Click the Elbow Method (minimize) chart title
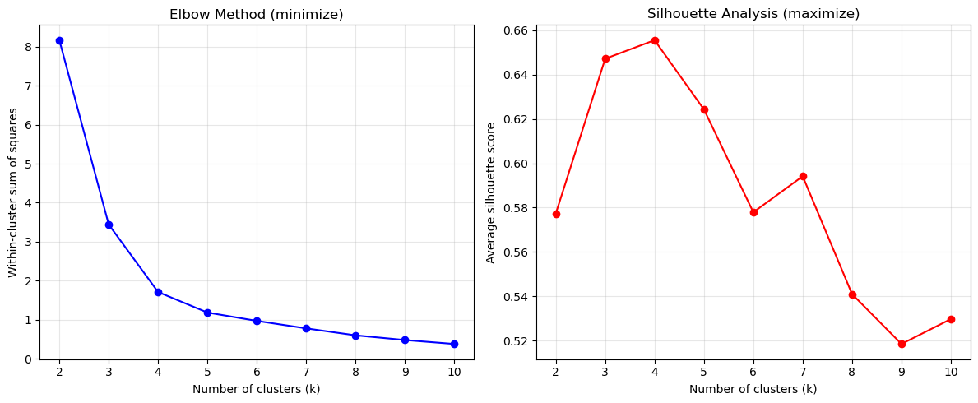click(256, 14)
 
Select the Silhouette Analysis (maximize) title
click(753, 14)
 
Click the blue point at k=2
click(59, 40)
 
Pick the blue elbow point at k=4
click(158, 292)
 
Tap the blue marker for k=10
click(454, 344)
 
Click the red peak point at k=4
click(655, 40)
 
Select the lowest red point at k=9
click(902, 344)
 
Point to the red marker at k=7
click(803, 176)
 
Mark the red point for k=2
click(556, 214)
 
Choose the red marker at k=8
click(852, 294)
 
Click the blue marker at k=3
click(109, 225)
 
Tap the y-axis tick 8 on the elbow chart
click(28, 47)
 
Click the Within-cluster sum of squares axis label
click(13, 192)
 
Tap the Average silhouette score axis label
click(491, 192)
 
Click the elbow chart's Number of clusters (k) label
click(256, 389)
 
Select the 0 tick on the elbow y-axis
click(28, 359)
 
